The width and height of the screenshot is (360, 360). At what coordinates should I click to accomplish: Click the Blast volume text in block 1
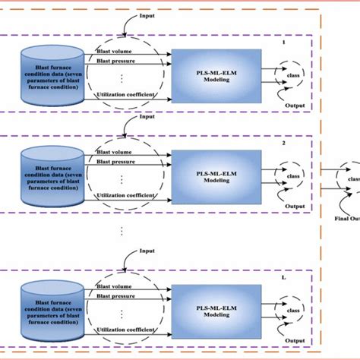115,51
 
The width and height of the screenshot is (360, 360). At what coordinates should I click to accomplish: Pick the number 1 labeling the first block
283,43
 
